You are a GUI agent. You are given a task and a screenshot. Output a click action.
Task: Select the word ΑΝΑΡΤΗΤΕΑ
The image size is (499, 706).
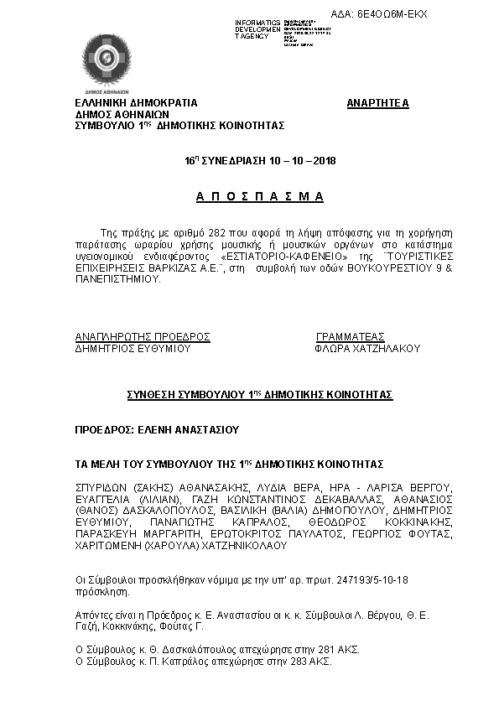pyautogui.click(x=377, y=103)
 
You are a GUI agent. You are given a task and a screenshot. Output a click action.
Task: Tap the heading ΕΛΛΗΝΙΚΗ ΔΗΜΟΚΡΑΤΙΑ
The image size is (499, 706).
pyautogui.click(x=137, y=103)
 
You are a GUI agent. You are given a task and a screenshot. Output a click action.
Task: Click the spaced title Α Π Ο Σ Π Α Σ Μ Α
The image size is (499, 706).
pyautogui.click(x=259, y=196)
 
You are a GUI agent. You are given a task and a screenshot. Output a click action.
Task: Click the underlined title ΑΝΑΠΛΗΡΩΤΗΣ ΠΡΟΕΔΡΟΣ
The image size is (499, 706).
pyautogui.click(x=143, y=336)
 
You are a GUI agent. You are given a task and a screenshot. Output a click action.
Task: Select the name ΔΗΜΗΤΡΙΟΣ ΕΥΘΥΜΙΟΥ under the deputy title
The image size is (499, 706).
pyautogui.click(x=133, y=348)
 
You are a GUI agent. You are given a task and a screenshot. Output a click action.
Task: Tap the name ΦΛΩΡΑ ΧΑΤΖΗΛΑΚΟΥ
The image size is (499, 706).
pyautogui.click(x=367, y=348)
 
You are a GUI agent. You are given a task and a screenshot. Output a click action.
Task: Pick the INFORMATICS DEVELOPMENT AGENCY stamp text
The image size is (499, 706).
pyautogui.click(x=258, y=29)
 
